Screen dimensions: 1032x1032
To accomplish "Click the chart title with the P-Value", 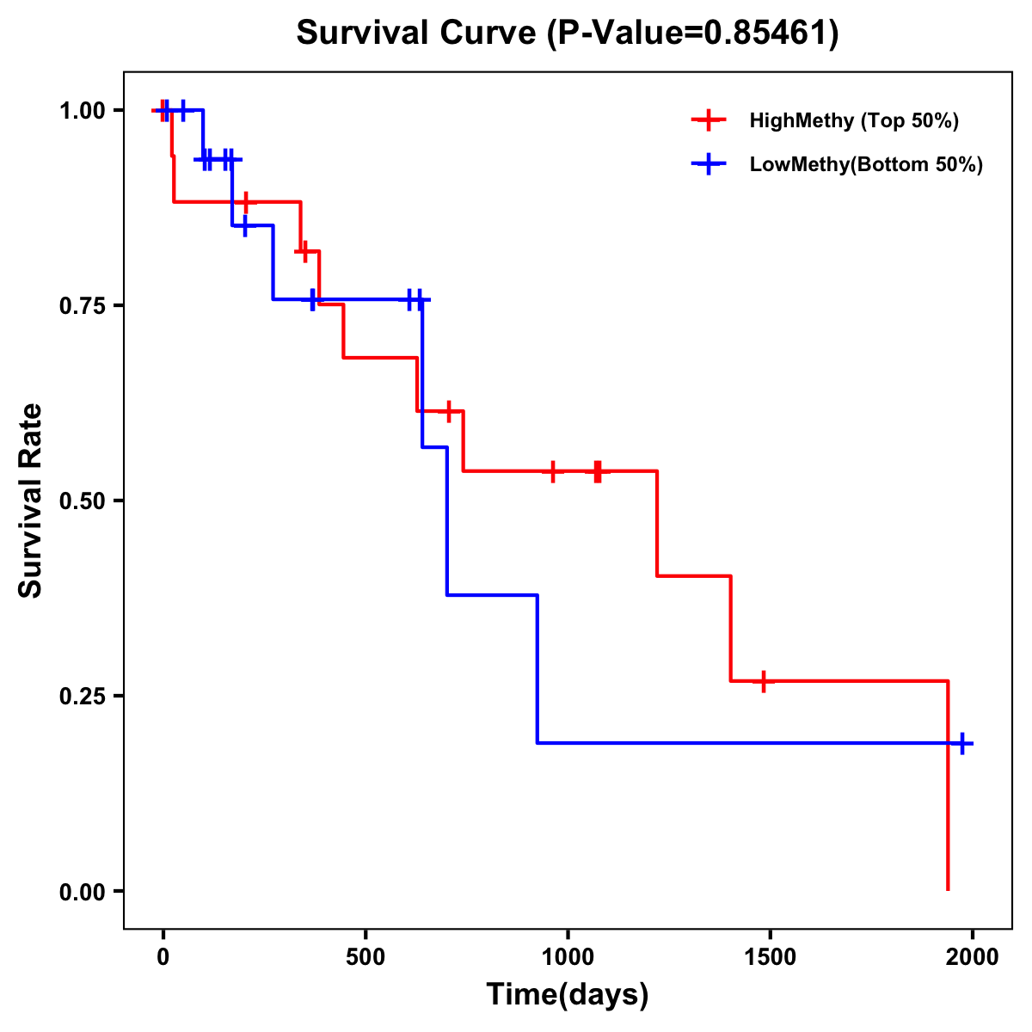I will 567,33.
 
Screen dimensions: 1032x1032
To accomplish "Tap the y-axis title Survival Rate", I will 31,500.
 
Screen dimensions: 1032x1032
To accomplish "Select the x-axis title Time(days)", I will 567,994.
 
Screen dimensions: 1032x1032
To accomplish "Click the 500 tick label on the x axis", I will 365,955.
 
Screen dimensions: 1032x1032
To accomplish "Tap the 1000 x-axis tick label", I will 568,955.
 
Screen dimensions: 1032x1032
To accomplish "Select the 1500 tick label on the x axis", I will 770,955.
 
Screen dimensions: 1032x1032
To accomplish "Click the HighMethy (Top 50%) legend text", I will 853,120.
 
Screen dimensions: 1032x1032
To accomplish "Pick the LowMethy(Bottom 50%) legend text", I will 865,164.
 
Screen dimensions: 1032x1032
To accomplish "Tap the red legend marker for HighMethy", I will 708,120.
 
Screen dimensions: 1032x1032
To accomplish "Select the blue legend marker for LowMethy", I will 708,164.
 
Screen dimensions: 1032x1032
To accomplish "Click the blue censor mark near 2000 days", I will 962,743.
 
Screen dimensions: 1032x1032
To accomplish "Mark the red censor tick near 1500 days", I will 763,681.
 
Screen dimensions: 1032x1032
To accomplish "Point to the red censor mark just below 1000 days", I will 552,471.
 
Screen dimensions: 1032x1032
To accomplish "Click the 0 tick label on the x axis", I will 163,955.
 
